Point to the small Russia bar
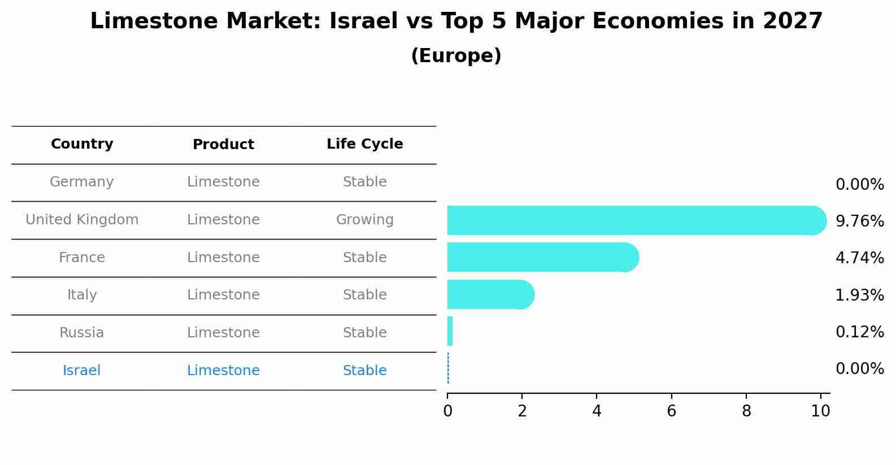(450, 332)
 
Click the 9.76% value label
(859, 221)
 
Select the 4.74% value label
(859, 258)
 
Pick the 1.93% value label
(859, 295)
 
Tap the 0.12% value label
(859, 332)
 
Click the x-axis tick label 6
(671, 411)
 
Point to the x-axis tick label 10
(820, 411)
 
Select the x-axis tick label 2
(522, 411)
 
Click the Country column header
(82, 144)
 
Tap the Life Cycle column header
(364, 144)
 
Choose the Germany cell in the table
(82, 182)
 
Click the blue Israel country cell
(82, 371)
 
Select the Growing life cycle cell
(364, 220)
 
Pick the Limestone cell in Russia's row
(223, 333)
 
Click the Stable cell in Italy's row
(364, 295)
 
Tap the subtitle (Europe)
(456, 56)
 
